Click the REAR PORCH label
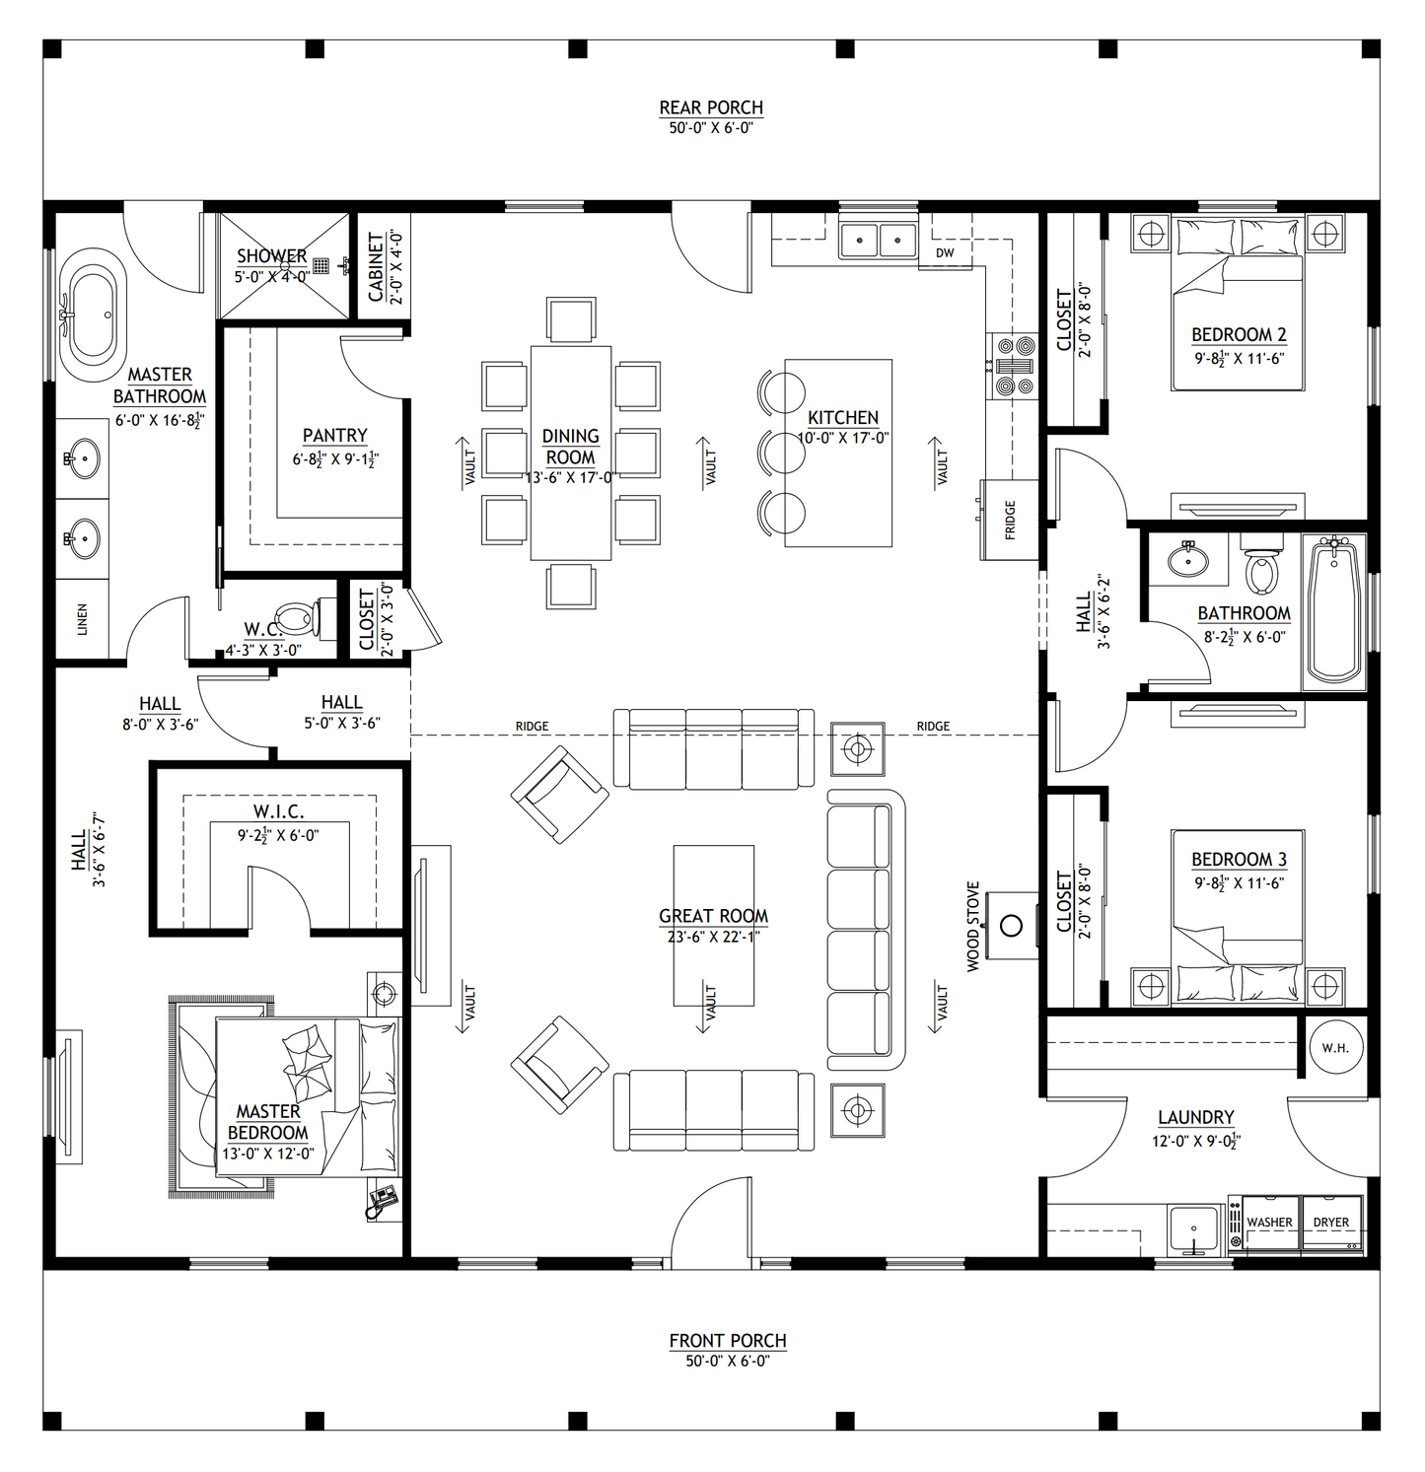point(711,107)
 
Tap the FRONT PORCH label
point(728,1341)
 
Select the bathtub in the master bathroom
point(92,315)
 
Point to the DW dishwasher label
point(945,253)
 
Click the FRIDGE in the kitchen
point(1009,520)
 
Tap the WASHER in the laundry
point(1269,1223)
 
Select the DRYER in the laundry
point(1331,1223)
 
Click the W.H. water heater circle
point(1335,1048)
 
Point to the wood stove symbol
point(1011,926)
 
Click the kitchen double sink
point(878,240)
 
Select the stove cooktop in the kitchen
point(1014,366)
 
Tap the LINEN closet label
point(83,619)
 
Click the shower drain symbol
point(321,265)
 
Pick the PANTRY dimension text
point(335,459)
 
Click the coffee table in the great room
point(713,925)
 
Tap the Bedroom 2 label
point(1239,335)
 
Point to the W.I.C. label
point(278,811)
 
